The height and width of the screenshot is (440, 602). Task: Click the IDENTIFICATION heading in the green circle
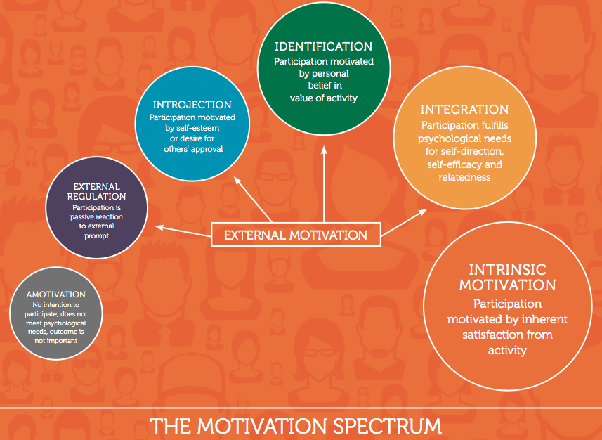323,47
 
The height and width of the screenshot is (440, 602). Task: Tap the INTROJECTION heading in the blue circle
192,105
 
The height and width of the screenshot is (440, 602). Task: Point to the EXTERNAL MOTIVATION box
296,235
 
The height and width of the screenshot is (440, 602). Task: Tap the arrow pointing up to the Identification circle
324,183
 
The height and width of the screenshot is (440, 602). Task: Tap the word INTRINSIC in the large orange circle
507,270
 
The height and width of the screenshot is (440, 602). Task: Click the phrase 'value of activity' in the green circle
323,98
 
